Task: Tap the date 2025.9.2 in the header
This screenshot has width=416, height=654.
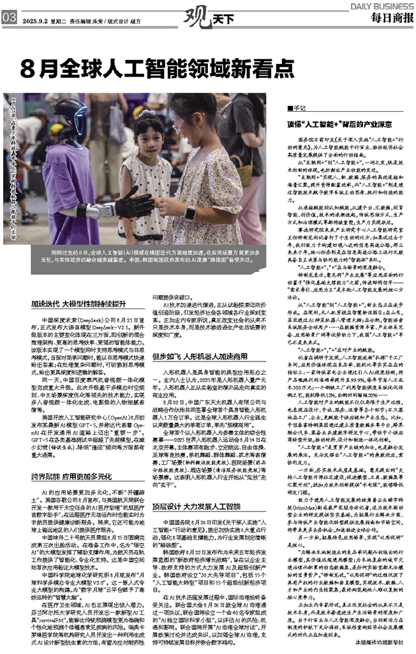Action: pyautogui.click(x=38, y=20)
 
